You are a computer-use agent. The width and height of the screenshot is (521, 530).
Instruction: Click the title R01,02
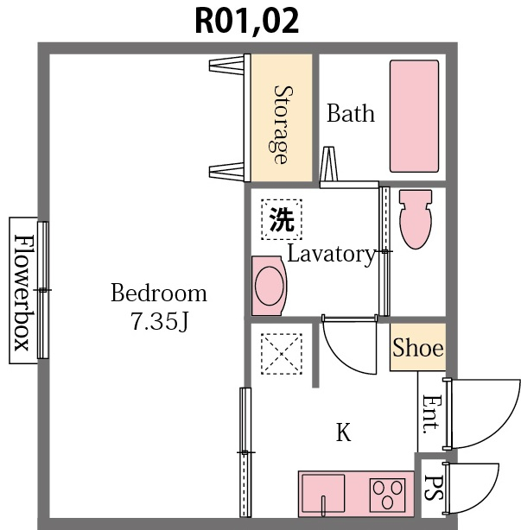247,21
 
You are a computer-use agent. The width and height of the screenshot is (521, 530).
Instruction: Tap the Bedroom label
159,293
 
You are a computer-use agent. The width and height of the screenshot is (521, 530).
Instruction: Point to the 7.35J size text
159,321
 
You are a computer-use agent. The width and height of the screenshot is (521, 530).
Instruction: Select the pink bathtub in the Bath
415,117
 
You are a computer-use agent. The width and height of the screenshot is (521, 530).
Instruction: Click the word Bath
351,113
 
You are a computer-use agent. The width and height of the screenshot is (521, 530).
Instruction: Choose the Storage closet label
283,124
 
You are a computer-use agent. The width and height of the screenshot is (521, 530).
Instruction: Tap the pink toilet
416,219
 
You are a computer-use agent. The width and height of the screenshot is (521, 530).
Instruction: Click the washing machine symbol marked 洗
282,219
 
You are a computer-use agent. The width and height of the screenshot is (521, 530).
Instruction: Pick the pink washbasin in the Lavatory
269,286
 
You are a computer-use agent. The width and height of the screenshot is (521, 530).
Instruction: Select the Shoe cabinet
418,347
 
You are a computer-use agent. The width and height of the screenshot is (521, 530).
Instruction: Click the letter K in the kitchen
343,432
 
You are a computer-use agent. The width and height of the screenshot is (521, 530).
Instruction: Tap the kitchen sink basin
323,494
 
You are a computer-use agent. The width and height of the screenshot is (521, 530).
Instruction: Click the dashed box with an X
282,354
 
